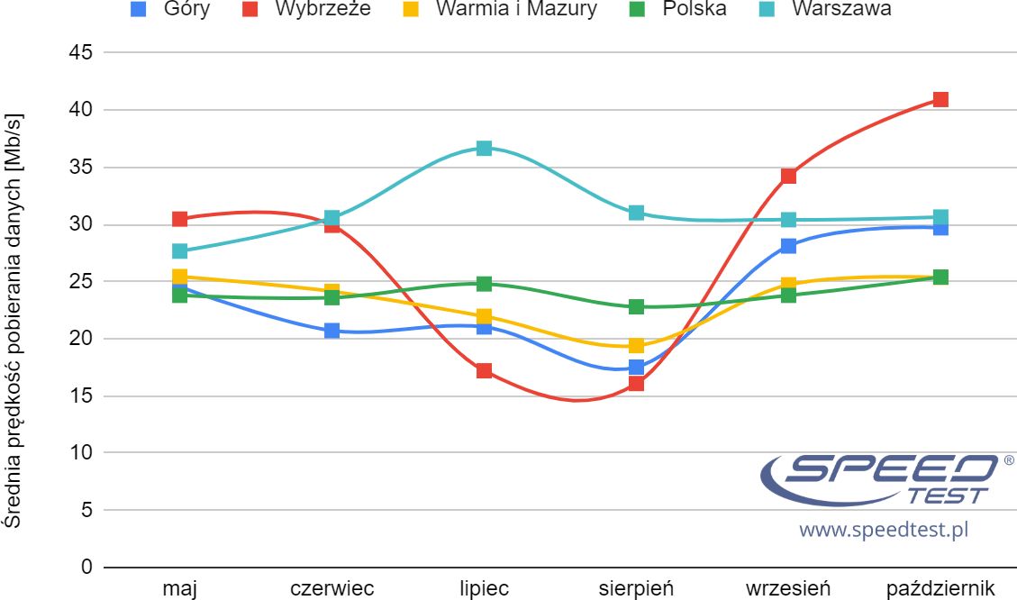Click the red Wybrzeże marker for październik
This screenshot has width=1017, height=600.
point(940,99)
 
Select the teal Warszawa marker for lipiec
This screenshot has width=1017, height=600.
point(484,149)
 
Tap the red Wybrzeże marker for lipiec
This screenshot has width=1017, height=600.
point(484,370)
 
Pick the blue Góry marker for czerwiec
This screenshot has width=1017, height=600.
point(331,331)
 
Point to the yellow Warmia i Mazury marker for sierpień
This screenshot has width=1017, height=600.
point(636,345)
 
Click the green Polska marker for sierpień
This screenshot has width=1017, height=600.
point(636,306)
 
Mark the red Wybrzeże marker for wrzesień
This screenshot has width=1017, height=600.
point(788,176)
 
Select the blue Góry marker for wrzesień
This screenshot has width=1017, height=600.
point(788,246)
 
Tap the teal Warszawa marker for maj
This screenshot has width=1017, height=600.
point(179,251)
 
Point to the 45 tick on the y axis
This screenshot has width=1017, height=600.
point(80,52)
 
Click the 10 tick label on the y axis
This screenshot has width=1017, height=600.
point(80,452)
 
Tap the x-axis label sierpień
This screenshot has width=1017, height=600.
point(636,589)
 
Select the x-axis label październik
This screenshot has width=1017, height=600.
point(940,589)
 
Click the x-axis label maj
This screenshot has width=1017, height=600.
point(179,589)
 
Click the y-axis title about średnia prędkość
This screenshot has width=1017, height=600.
point(14,320)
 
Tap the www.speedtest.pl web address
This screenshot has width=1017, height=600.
point(883,530)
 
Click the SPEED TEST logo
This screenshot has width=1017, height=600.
point(878,477)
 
